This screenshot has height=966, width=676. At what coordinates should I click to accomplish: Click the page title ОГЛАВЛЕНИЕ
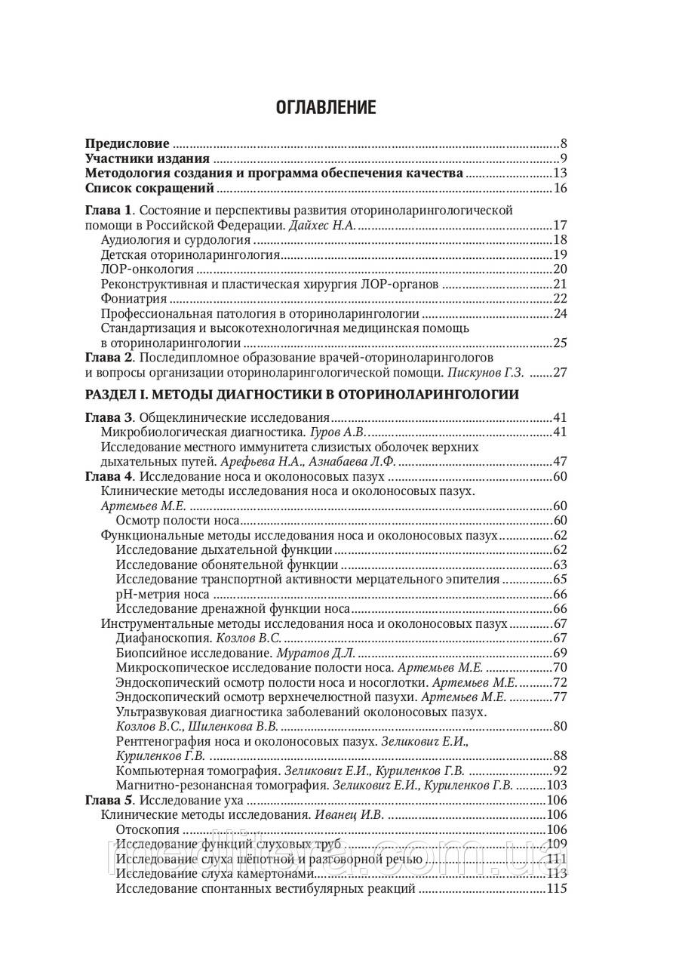coord(325,107)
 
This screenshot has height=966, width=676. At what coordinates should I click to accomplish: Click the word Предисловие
coord(127,143)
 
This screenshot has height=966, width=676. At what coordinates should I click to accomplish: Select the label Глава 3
coord(108,417)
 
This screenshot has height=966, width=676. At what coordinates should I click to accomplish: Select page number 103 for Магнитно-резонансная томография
coord(556,786)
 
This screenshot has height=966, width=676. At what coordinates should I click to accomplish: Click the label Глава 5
coord(108,801)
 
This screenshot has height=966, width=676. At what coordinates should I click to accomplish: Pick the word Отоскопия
coord(142,830)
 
